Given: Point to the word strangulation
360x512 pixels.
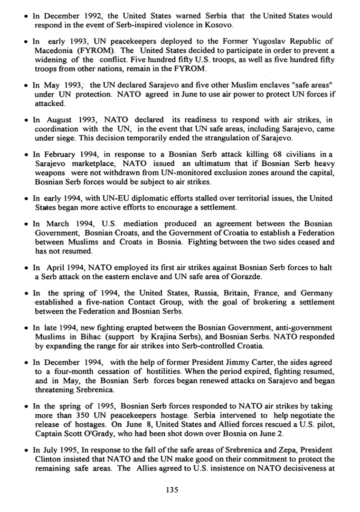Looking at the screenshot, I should click(x=236, y=125).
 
